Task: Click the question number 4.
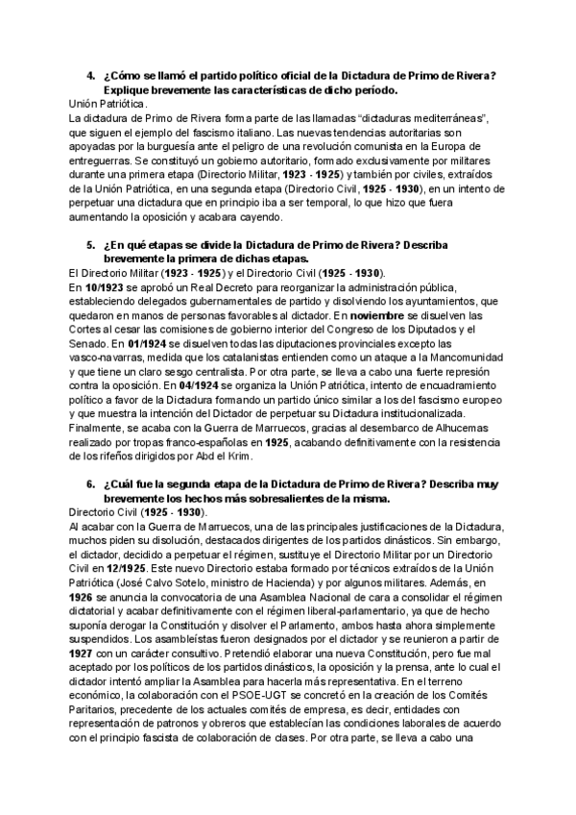pyautogui.click(x=89, y=76)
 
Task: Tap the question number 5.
pyautogui.click(x=89, y=246)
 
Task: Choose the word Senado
pyautogui.click(x=91, y=340)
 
